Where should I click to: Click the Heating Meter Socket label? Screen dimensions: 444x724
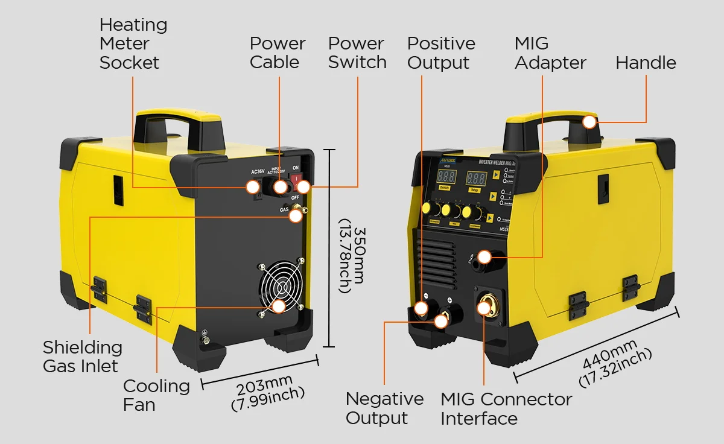[133, 44]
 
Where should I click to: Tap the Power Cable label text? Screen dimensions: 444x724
[278, 53]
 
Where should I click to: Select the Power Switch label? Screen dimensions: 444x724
[357, 53]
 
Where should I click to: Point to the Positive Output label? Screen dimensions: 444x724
[441, 53]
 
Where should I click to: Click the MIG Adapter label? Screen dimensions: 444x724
[550, 53]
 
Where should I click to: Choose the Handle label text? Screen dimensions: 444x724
[646, 63]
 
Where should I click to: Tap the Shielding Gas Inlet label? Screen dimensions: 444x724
[82, 357]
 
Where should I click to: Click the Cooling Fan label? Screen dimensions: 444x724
[156, 395]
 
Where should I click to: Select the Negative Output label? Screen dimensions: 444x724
[384, 408]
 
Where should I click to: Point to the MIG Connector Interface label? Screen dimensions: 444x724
[506, 408]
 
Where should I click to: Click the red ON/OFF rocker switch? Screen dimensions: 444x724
[296, 179]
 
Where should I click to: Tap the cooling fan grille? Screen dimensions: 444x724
[279, 288]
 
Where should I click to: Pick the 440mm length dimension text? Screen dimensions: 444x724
[615, 363]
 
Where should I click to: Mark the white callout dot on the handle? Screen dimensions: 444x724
[589, 122]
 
